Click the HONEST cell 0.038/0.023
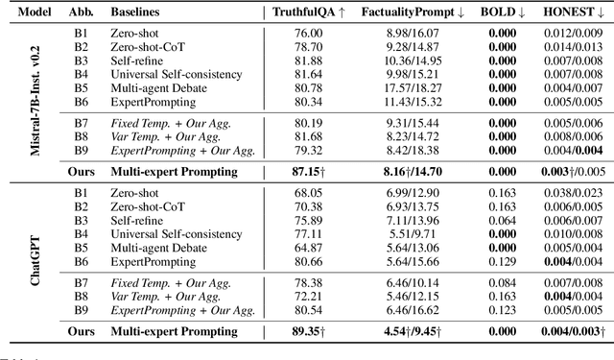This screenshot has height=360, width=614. click(570, 194)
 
